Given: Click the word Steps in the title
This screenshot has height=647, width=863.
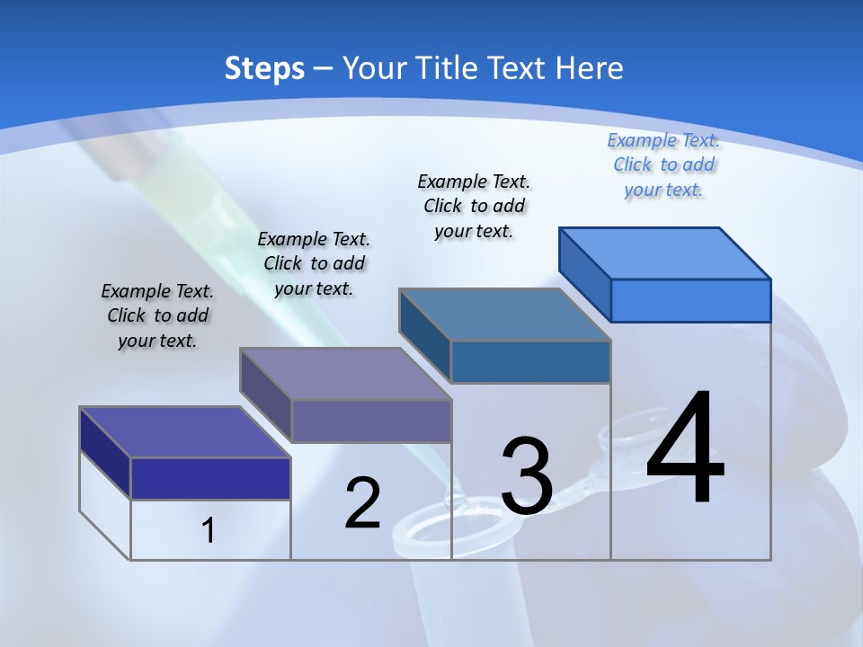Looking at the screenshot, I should pos(264,69).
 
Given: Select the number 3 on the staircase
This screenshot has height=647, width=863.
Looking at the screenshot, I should pos(527,476).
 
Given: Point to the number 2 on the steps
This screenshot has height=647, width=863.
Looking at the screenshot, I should pos(362,503).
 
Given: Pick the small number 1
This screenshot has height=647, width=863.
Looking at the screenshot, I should pos(209,531).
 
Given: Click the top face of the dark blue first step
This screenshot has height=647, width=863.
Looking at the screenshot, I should pos(185,432).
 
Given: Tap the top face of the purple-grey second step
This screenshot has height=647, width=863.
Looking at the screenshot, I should pos(345,374).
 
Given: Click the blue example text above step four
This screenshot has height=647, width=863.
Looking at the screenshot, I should pos(663,165).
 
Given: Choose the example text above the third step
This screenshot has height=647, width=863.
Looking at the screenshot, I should pos(474,206).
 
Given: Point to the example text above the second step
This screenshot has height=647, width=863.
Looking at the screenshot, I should pos(314,263).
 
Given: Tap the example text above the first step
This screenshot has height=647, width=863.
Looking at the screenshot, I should pos(157,315).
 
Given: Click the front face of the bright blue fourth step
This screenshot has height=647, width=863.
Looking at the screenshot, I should pos(690,300).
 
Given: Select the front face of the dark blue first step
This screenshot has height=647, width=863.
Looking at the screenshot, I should pos(210,478).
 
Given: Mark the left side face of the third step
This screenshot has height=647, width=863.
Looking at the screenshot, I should pos(424,335).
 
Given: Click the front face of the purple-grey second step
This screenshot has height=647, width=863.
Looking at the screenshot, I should pos(370,421).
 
